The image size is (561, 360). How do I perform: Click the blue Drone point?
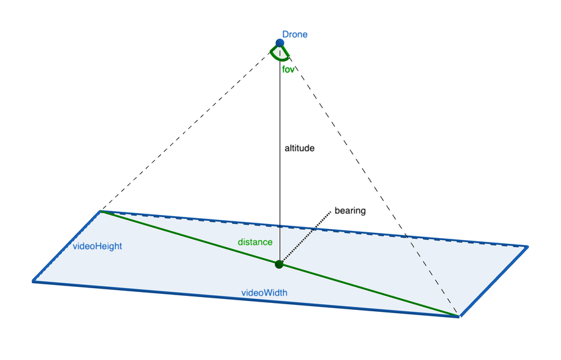[280, 44]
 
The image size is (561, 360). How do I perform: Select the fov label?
[288, 69]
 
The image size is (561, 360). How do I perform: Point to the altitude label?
[300, 148]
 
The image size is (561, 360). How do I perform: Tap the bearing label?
[350, 210]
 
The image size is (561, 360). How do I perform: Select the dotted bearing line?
[307, 236]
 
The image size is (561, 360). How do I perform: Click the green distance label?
[255, 242]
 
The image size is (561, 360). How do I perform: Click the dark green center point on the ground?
[279, 264]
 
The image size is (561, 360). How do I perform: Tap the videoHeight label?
[98, 246]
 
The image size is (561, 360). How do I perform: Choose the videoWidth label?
[264, 293]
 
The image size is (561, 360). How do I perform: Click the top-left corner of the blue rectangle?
[101, 211]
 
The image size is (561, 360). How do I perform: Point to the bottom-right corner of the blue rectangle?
[459, 316]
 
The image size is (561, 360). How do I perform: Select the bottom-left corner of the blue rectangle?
[33, 280]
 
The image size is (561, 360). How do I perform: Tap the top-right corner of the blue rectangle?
[527, 246]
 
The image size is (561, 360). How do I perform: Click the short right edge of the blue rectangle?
[493, 281]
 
